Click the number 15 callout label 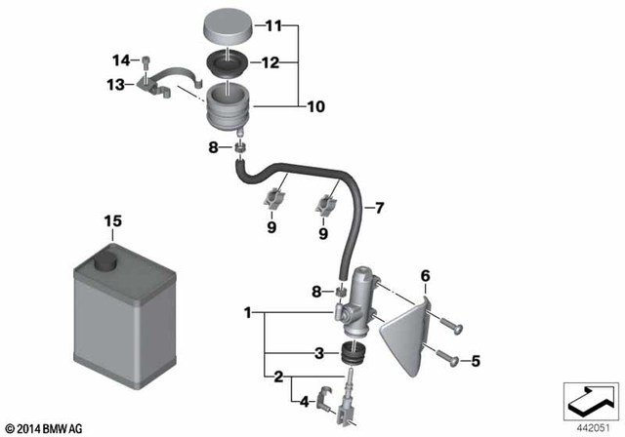tap(113, 221)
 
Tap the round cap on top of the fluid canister tap(102, 260)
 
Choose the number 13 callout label tap(116, 85)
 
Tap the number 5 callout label tap(475, 362)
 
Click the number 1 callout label tap(249, 313)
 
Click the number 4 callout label tap(305, 400)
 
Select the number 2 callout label tap(277, 376)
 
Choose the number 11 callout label tap(272, 25)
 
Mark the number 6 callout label tap(424, 276)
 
